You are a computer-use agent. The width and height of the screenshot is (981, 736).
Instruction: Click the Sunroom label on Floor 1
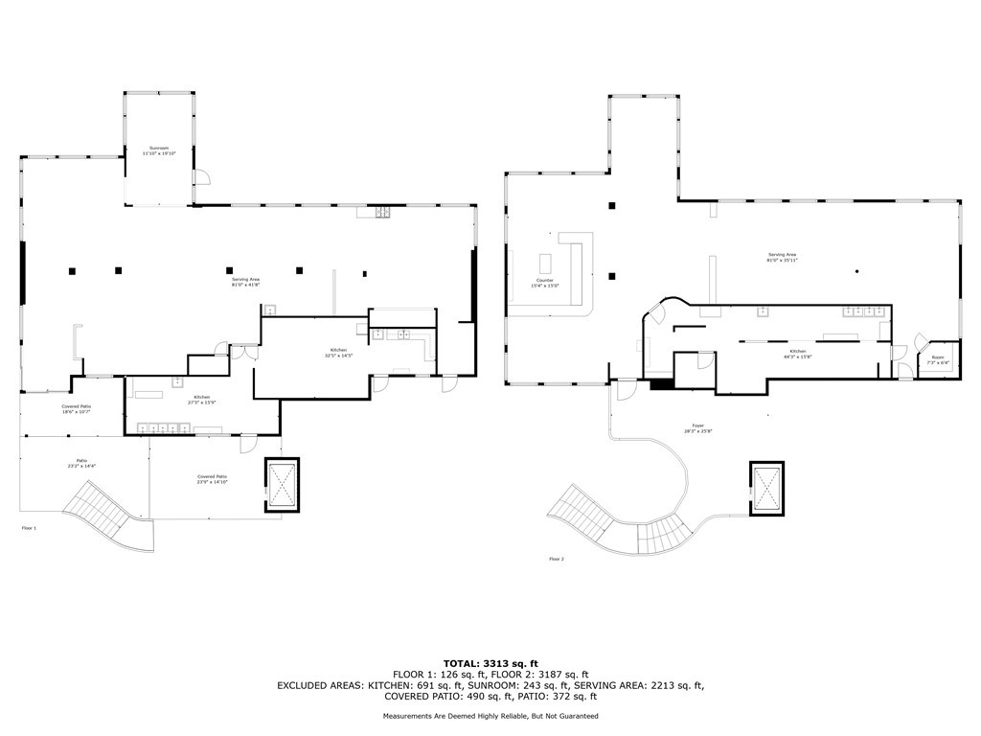coord(160,150)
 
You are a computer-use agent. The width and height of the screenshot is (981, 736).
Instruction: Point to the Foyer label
coord(698,428)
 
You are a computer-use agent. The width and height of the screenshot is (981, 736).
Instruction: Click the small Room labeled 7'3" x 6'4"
coord(938,360)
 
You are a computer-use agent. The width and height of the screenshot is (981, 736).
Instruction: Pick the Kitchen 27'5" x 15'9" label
coord(202,399)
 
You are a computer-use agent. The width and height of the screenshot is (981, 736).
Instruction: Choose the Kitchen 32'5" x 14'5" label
coord(338,353)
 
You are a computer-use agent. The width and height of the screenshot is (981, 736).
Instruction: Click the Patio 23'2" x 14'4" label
coord(82,464)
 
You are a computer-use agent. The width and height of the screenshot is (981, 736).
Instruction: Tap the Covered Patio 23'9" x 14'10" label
coord(212,479)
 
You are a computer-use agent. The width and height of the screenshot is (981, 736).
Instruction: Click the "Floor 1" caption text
coord(29,528)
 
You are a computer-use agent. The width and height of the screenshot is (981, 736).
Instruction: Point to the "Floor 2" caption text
coord(558,559)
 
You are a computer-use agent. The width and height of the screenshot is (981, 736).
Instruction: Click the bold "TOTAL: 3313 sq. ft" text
coord(490,663)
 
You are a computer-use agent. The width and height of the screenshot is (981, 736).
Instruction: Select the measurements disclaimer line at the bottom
coord(490,716)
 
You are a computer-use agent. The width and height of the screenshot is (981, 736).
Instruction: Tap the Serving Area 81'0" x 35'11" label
coord(782,258)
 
